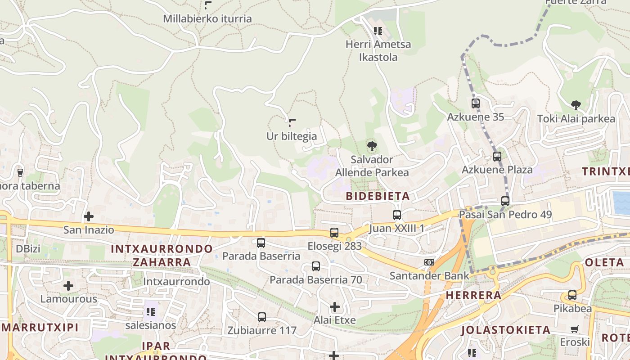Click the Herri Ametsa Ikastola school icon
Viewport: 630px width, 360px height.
pos(378,31)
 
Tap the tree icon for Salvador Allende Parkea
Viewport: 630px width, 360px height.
pos(372,146)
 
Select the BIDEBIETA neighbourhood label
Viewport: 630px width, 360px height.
pos(378,196)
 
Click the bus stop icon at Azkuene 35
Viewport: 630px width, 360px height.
pos(476,103)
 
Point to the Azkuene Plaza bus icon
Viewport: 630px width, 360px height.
pos(497,157)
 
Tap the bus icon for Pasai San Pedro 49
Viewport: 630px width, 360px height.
pos(505,201)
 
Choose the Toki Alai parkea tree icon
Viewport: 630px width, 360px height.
pos(576,105)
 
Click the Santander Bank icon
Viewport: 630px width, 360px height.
pos(429,262)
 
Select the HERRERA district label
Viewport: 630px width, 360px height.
pos(473,296)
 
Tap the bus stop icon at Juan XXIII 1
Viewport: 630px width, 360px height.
pos(396,215)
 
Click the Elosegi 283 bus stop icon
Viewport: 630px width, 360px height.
pos(334,233)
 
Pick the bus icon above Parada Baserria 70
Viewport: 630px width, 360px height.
pos(316,266)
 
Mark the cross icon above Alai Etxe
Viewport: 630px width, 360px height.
pos(335,307)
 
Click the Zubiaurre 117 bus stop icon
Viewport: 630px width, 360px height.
pos(262,317)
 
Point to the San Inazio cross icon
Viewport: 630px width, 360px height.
pos(89,216)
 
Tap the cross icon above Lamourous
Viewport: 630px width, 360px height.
pos(68,286)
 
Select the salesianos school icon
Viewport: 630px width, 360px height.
pos(151,311)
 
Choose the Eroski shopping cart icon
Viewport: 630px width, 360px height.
pos(574,329)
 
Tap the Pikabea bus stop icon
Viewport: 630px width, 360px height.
pos(572,296)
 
